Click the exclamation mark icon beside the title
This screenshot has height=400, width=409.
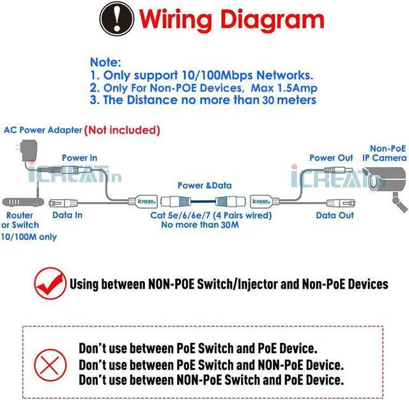[x=116, y=19]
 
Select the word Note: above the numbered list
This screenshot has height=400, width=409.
[x=105, y=62]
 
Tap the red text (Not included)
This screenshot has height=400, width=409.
[x=121, y=130]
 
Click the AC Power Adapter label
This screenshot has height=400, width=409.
[x=43, y=130]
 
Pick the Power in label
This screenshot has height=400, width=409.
[x=79, y=157]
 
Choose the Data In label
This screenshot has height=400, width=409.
[x=67, y=215]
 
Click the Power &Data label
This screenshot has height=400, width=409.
[x=204, y=185]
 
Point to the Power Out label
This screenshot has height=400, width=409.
[x=331, y=157]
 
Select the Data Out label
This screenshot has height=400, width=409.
[x=335, y=215]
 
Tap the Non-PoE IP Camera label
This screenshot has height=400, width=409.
[x=385, y=152]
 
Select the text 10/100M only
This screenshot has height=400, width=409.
[x=29, y=237]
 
